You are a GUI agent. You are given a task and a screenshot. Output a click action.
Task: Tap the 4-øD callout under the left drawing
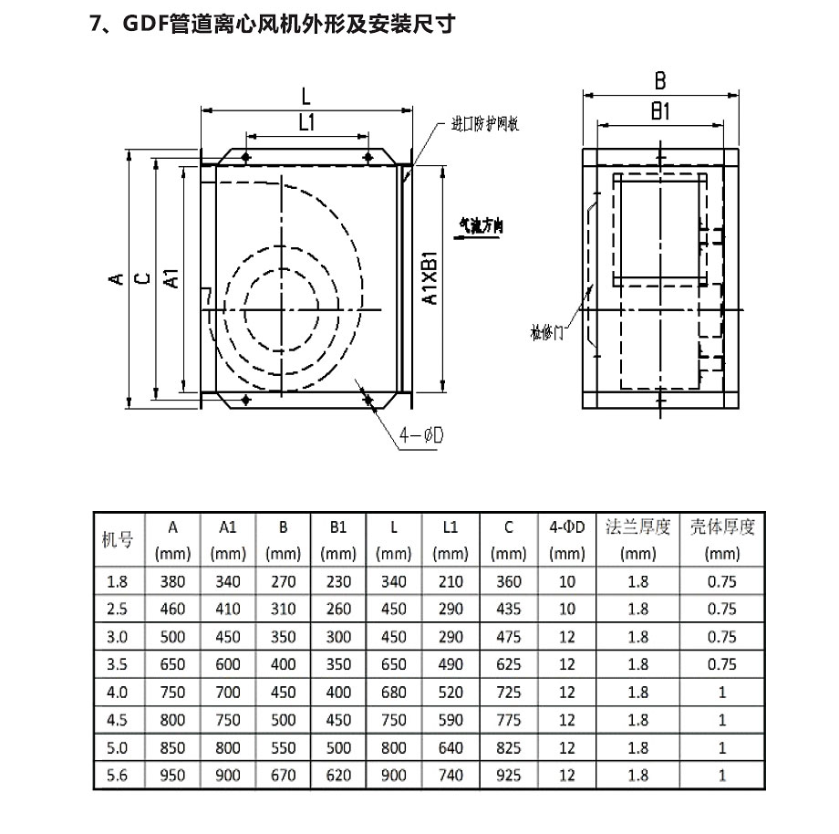click(420, 437)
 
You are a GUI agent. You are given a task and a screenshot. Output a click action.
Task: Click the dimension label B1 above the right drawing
click(661, 112)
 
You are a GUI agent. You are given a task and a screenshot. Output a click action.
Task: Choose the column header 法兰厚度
click(638, 527)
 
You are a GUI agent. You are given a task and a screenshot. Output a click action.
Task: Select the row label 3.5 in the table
click(118, 665)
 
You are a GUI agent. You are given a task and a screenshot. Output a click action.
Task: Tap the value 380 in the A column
click(172, 581)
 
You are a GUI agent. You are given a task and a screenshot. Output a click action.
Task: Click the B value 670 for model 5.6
click(284, 776)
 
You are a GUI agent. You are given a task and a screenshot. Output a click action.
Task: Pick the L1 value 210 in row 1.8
click(450, 581)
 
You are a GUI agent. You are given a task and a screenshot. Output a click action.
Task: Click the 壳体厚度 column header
click(722, 527)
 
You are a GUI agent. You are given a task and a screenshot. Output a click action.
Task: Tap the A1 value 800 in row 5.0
click(228, 748)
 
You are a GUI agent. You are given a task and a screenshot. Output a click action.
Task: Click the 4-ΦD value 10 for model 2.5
click(567, 609)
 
